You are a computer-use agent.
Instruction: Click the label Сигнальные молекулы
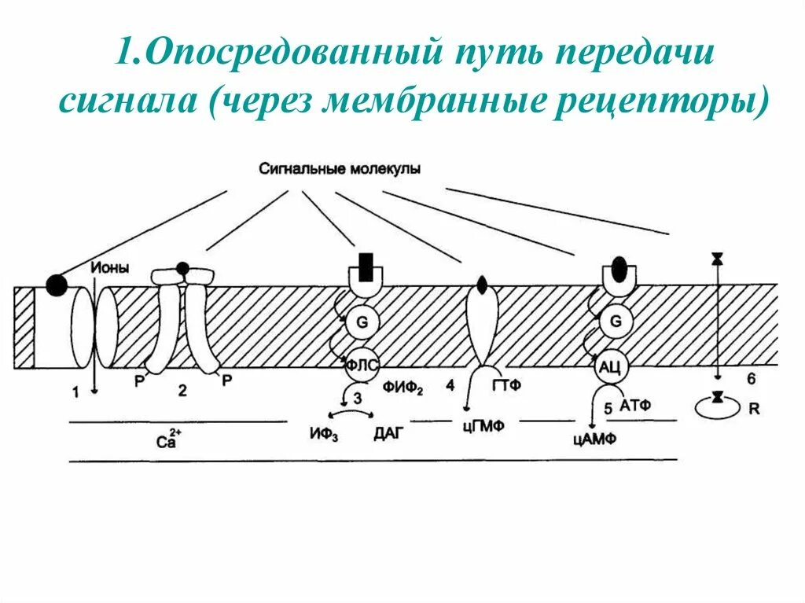pos(339,168)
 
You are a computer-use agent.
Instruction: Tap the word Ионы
pos(110,268)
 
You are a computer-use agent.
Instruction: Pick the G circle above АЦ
pos(616,322)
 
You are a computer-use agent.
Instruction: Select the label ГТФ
pos(507,385)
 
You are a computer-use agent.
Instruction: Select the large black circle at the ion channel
pos(56,285)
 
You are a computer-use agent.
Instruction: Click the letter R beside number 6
pos(755,410)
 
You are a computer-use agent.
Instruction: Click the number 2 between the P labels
pos(182,391)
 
